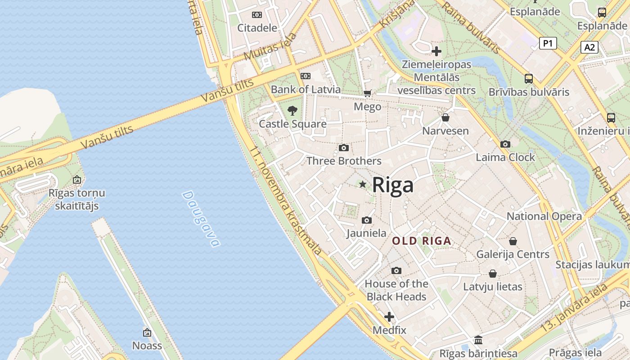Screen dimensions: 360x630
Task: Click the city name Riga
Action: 393,185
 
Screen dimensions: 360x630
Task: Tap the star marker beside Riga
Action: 363,184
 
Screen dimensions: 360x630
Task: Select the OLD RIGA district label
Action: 422,241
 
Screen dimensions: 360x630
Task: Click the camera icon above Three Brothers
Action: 344,148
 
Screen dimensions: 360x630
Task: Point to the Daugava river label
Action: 201,219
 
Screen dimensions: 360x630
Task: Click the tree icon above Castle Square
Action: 292,110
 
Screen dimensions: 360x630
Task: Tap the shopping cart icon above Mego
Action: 368,94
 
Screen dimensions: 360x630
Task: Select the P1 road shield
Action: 548,43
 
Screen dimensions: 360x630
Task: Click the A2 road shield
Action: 589,47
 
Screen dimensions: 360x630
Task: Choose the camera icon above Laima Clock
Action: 505,144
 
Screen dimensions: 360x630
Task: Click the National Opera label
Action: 544,216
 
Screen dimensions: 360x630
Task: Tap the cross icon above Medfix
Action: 389,317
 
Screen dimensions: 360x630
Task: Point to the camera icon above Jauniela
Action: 367,220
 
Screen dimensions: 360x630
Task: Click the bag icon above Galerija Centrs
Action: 513,241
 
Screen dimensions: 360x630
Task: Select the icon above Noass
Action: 147,333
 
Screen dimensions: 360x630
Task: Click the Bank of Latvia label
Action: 306,90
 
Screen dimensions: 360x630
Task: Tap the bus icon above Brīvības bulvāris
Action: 529,79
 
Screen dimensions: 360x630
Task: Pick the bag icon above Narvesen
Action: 445,117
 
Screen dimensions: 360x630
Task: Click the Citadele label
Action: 257,28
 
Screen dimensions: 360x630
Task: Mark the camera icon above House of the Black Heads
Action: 396,270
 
